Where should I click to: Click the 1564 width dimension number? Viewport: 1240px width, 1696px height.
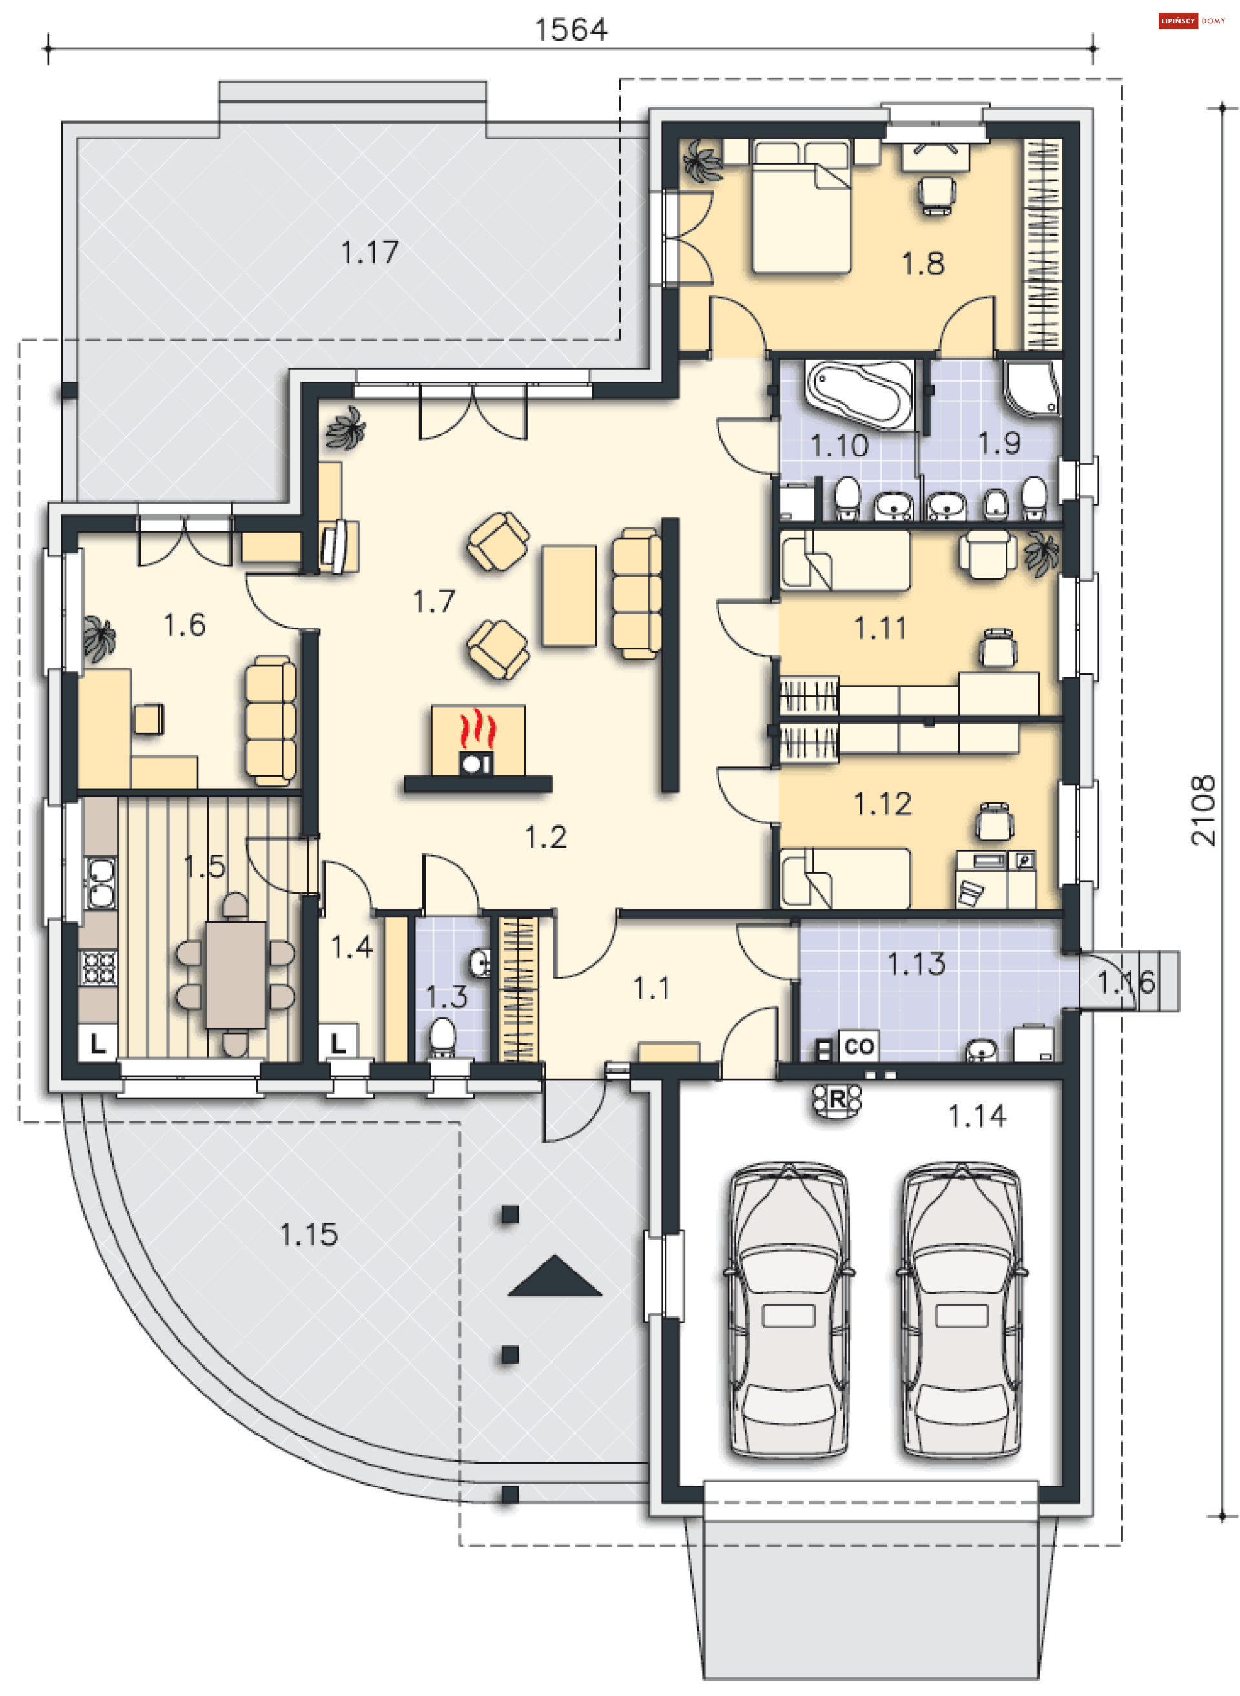(571, 29)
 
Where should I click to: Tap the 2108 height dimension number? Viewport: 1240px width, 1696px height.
(1203, 812)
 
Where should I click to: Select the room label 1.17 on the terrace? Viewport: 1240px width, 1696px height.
(370, 252)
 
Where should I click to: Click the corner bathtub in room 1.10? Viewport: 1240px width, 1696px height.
(860, 396)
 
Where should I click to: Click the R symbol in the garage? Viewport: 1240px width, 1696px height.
(837, 1101)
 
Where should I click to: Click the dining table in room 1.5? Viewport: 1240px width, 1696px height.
(236, 974)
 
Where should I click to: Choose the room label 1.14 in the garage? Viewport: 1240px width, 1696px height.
(977, 1117)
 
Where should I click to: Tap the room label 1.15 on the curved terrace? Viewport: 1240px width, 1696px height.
(309, 1234)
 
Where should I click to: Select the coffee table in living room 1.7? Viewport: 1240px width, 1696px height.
(570, 595)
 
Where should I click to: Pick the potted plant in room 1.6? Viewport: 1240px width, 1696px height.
(99, 639)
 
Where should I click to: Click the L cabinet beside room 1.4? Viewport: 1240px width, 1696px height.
(338, 1043)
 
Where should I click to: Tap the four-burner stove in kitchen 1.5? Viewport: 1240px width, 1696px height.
(98, 967)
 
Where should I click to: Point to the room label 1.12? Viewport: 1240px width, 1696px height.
(883, 804)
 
